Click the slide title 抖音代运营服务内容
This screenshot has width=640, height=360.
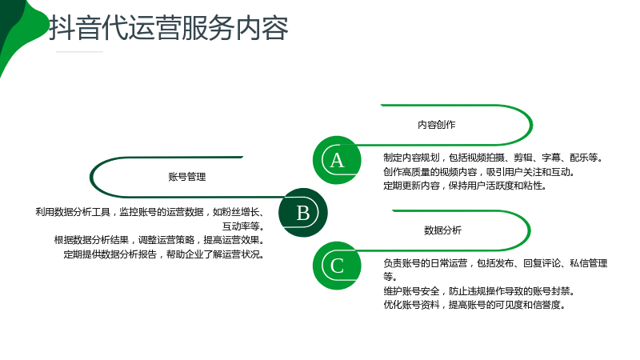click(x=169, y=28)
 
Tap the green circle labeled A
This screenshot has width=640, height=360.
click(x=337, y=160)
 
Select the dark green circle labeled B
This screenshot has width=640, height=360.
click(x=303, y=213)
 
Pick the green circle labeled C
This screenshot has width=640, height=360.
click(x=337, y=266)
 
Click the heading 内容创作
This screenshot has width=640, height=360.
click(x=436, y=125)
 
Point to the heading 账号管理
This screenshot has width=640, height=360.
click(x=187, y=177)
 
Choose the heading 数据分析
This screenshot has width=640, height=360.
click(x=443, y=230)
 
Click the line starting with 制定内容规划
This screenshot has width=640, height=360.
click(x=494, y=158)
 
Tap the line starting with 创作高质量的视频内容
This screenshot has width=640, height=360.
click(x=479, y=172)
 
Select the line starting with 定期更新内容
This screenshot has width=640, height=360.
click(x=465, y=186)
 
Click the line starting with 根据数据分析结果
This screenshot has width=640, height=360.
click(x=160, y=239)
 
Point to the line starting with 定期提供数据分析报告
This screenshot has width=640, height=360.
click(x=165, y=254)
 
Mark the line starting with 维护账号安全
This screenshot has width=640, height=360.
click(x=479, y=291)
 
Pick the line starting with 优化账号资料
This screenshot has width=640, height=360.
click(x=474, y=305)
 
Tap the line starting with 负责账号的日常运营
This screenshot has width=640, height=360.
click(x=495, y=263)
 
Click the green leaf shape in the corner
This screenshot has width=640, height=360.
click(x=18, y=29)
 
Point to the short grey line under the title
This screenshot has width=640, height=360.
click(x=79, y=52)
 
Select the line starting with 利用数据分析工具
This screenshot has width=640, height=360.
click(x=150, y=212)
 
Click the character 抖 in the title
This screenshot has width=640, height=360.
click(x=62, y=28)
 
